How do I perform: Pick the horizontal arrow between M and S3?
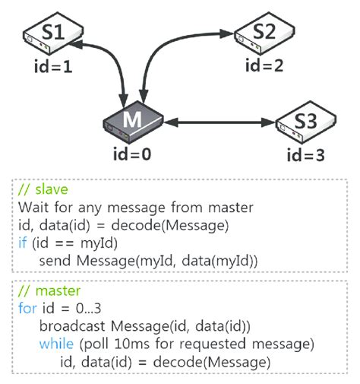click(220, 122)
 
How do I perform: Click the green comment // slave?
click(39, 190)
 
